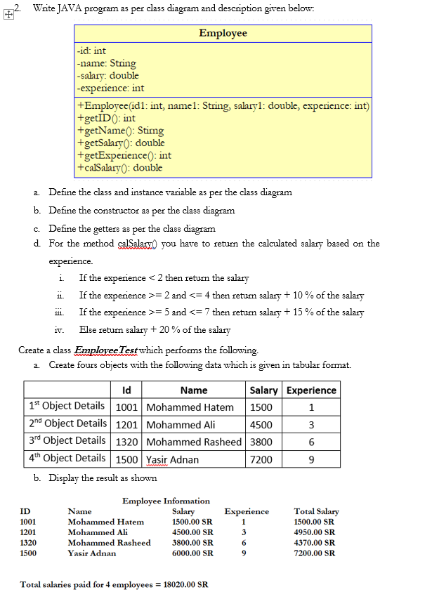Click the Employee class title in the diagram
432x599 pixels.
click(223, 33)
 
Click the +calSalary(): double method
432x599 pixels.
click(120, 168)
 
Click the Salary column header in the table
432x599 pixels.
click(263, 390)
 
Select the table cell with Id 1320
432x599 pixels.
click(126, 442)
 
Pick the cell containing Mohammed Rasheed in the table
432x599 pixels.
click(194, 442)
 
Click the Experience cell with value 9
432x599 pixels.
click(311, 459)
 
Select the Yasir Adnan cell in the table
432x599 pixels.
click(173, 459)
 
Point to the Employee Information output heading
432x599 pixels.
click(166, 501)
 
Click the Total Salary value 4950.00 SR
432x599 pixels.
click(314, 532)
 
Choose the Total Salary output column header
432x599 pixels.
click(316, 511)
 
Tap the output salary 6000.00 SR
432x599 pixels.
click(192, 553)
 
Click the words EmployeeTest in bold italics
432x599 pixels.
click(106, 350)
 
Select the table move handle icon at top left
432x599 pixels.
click(7, 12)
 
